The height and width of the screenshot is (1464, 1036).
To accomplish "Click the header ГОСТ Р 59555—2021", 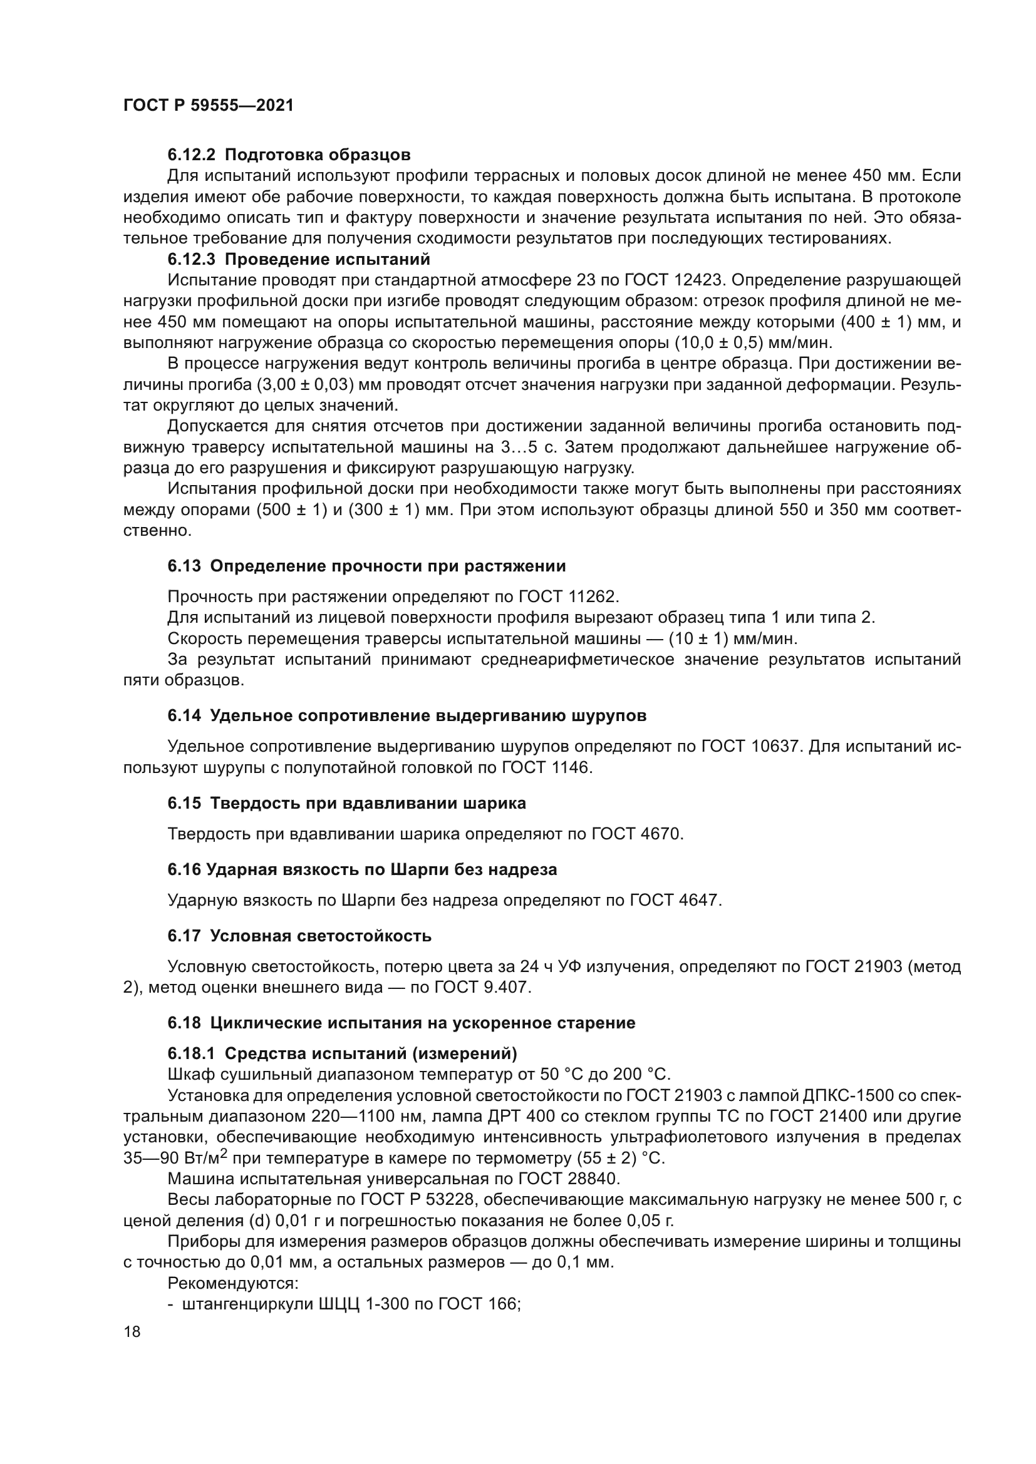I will click(x=208, y=106).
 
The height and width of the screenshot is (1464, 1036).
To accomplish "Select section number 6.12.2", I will click(x=192, y=155).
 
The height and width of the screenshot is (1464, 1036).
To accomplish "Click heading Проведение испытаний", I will click(x=327, y=260).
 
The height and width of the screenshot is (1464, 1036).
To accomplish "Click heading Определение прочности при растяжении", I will click(x=388, y=566).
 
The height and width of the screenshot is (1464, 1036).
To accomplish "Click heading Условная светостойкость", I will click(x=321, y=936).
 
